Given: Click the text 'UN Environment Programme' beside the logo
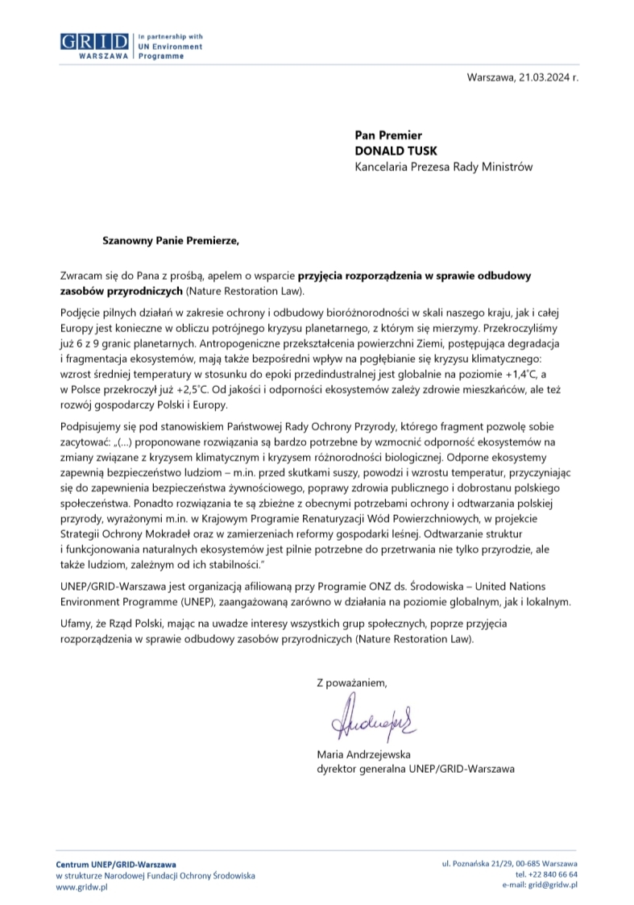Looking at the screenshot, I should (x=170, y=52).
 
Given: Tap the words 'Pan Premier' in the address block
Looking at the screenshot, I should (x=388, y=135).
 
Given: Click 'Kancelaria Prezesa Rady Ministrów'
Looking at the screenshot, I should (x=443, y=167).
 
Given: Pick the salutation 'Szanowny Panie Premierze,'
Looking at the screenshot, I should (x=171, y=239).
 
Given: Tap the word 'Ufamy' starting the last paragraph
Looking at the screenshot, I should (x=77, y=623).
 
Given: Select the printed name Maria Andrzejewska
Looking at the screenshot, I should (x=365, y=755).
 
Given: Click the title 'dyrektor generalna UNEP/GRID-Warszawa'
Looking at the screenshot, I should (x=416, y=770).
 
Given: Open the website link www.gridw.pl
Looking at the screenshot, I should (x=81, y=886).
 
